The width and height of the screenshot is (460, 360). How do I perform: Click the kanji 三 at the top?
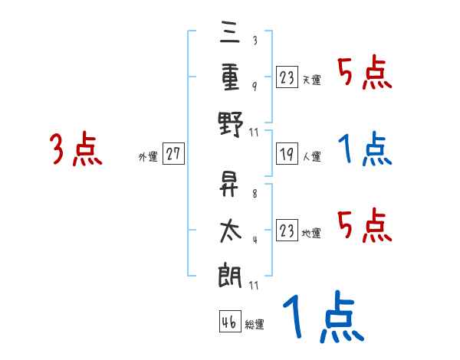(230, 32)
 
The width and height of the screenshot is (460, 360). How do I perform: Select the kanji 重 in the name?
(230, 77)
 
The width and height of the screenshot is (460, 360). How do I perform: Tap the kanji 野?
(231, 124)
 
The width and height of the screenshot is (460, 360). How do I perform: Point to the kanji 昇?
(228, 184)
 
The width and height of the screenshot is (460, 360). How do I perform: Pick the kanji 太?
(231, 231)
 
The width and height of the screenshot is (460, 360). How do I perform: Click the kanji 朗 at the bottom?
(230, 275)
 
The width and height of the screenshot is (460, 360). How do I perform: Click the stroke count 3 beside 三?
(255, 40)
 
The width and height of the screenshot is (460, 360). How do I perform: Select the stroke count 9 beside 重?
(255, 87)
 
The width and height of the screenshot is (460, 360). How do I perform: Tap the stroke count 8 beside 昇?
(255, 194)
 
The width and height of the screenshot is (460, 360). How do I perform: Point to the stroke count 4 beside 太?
(255, 240)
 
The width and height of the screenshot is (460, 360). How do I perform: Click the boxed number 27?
(173, 153)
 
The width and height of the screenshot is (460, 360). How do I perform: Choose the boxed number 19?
(287, 153)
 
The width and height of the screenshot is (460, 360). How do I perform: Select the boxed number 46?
(230, 321)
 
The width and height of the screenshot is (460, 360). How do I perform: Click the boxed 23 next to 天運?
(287, 77)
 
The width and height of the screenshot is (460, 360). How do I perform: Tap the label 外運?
(148, 157)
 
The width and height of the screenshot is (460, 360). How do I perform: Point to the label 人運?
(312, 156)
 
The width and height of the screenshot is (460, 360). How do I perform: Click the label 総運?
(255, 324)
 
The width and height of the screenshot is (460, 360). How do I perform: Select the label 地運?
(311, 234)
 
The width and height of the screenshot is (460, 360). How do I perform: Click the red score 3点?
(76, 149)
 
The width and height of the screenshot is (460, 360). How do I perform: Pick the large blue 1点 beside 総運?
(324, 316)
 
